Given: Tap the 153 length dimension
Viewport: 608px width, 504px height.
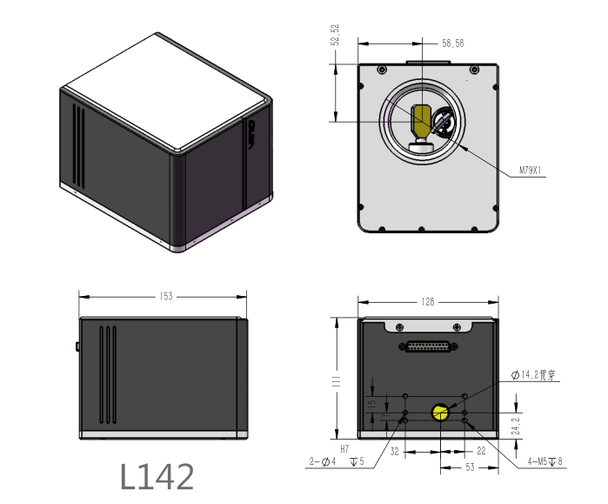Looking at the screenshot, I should pos(165,296).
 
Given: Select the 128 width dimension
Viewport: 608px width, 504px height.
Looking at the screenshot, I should pos(427,302).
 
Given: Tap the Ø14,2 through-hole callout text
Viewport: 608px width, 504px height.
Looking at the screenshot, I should pos(534,375).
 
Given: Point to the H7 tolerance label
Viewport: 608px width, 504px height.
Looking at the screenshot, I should pos(344,448).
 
